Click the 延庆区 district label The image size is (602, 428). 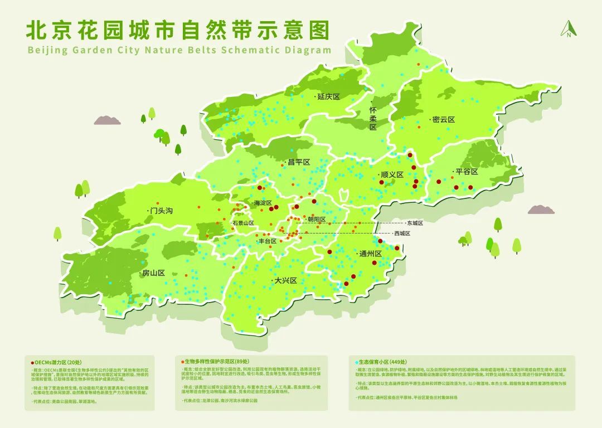click(x=328, y=96)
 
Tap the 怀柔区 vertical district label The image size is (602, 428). click(x=373, y=119)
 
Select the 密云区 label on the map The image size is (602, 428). click(x=443, y=120)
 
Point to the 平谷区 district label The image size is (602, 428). click(x=467, y=172)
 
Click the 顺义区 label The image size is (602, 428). click(x=391, y=174)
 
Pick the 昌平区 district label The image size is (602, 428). click(x=298, y=163)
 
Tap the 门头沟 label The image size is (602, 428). click(x=161, y=211)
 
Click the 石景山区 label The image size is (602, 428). click(x=244, y=223)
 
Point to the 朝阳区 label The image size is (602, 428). click(x=316, y=219)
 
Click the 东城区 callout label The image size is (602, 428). click(x=415, y=223)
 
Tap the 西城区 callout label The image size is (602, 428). click(x=402, y=234)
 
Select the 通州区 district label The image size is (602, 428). click(x=370, y=254)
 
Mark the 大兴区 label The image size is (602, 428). click(x=285, y=280)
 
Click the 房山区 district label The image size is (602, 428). click(x=153, y=273)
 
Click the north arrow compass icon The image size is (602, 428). click(x=568, y=28)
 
